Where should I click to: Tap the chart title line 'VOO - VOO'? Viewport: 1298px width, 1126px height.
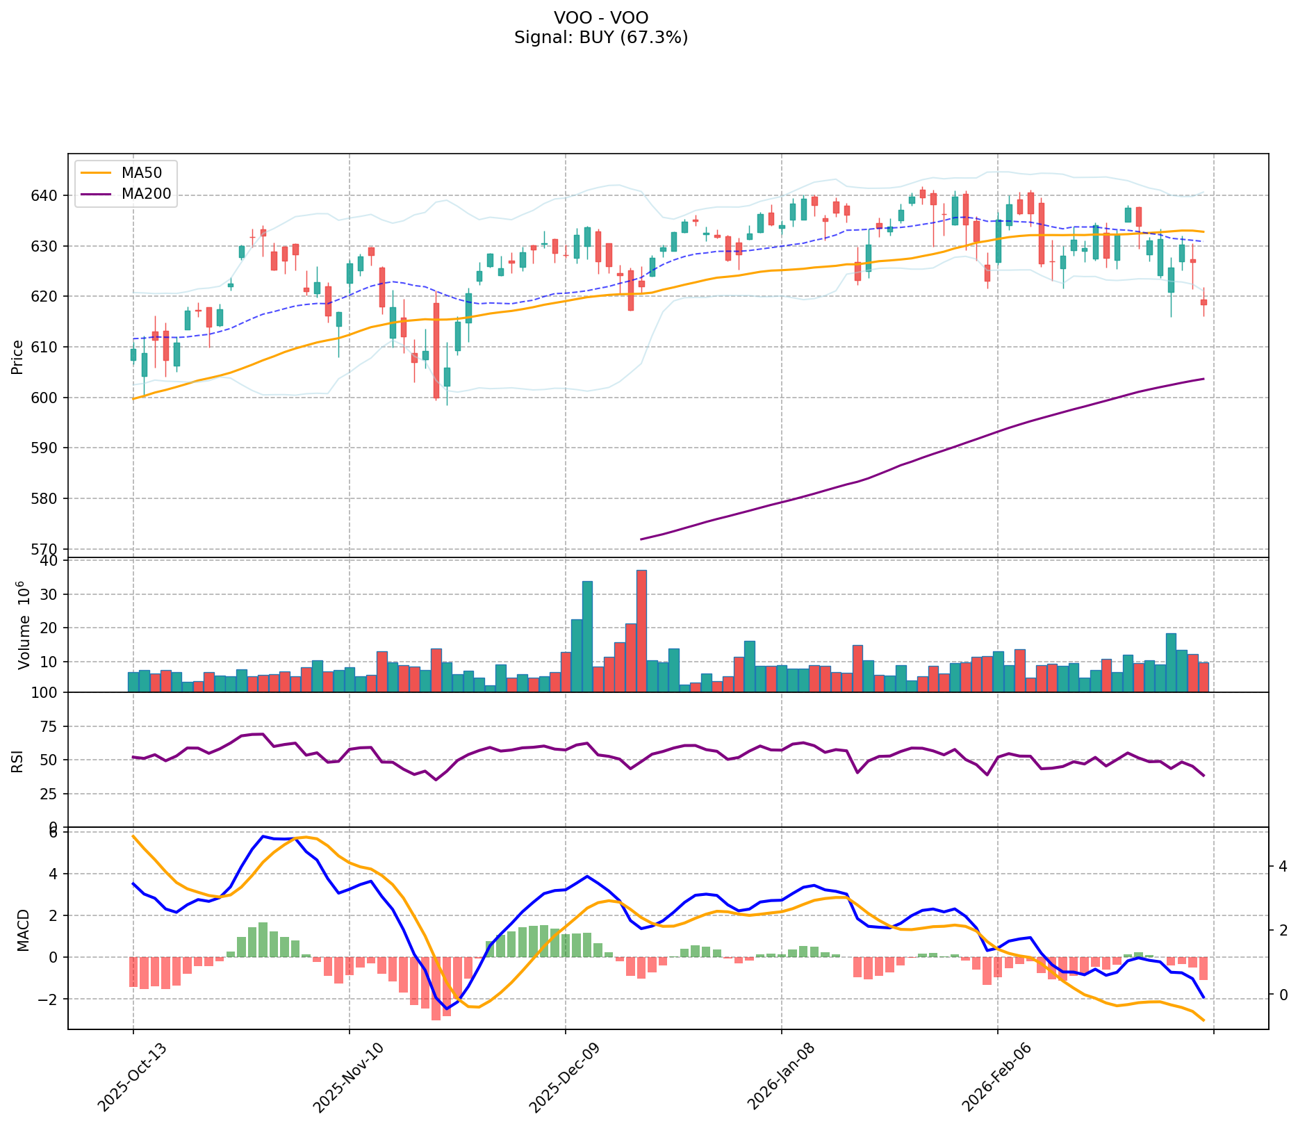coord(601,18)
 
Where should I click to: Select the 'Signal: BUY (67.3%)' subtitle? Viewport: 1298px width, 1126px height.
coord(601,38)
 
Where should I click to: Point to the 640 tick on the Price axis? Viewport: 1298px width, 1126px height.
coord(47,195)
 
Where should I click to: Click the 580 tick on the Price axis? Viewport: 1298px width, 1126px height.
coord(47,498)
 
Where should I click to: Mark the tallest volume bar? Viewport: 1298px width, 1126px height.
coord(641,630)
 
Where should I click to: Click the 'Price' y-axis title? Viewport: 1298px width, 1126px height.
coord(17,357)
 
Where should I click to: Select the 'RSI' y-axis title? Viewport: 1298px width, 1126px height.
coord(17,761)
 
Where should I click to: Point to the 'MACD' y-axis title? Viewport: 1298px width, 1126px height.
coord(23,930)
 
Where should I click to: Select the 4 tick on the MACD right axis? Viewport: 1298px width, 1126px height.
coord(1283,866)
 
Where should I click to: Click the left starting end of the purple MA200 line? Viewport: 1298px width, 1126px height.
coord(641,539)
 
